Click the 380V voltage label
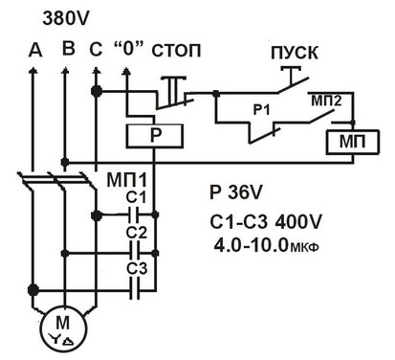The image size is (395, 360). pyautogui.click(x=66, y=18)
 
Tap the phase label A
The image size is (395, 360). pyautogui.click(x=35, y=50)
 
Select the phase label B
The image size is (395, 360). pyautogui.click(x=69, y=49)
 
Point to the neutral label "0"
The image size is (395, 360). pyautogui.click(x=127, y=49)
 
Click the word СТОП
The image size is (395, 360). pyautogui.click(x=176, y=51)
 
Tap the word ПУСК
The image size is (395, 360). pyautogui.click(x=295, y=53)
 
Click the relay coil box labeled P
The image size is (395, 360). pyautogui.click(x=155, y=136)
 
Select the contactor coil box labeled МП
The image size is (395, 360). pyautogui.click(x=352, y=142)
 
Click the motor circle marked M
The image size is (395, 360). pyautogui.click(x=64, y=328)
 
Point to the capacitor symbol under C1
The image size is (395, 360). pyautogui.click(x=134, y=214)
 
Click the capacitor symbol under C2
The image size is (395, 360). pyautogui.click(x=134, y=253)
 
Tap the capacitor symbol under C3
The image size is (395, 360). pyautogui.click(x=135, y=290)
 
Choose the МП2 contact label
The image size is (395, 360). pyautogui.click(x=326, y=101)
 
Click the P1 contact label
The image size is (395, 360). pyautogui.click(x=261, y=110)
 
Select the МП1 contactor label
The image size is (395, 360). pyautogui.click(x=127, y=180)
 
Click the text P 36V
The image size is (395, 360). pyautogui.click(x=236, y=192)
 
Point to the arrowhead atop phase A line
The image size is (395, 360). pyautogui.click(x=33, y=71)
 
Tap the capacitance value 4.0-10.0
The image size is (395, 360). pyautogui.click(x=251, y=246)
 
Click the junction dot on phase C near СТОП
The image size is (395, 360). pyautogui.click(x=96, y=91)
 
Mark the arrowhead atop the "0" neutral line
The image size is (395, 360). pyautogui.click(x=126, y=72)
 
